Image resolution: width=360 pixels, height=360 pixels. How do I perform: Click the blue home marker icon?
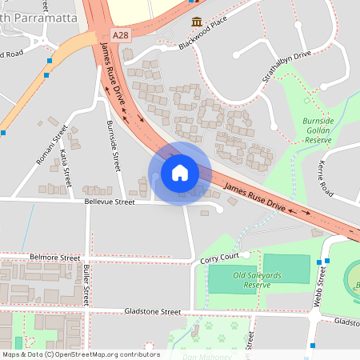point(180,172)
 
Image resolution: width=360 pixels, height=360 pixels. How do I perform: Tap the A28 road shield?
point(120,35)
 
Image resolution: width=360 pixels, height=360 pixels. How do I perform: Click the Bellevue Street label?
point(110,202)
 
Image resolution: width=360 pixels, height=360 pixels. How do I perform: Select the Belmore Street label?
point(54,259)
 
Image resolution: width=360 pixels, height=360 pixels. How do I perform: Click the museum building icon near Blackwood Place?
point(195,22)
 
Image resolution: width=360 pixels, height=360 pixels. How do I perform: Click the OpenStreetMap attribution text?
point(81,354)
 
